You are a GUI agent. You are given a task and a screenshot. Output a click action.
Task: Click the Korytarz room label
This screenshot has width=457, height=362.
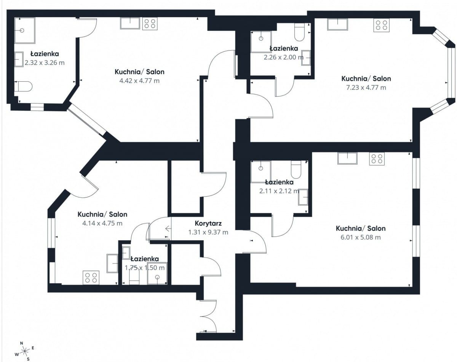208,223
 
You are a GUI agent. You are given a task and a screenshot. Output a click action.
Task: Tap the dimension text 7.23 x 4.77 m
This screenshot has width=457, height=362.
366,87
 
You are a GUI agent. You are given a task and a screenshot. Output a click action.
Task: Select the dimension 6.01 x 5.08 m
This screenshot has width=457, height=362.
361,237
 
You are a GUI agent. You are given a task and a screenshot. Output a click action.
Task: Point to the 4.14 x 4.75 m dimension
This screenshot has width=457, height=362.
102,223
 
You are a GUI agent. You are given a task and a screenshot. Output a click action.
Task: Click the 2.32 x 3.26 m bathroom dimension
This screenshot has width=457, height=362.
45,63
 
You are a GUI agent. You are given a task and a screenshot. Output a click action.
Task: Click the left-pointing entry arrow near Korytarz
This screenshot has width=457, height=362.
168,229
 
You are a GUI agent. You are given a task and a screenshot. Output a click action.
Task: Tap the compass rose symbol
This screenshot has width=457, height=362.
25,351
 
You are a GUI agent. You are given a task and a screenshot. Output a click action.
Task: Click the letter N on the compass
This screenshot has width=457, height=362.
22,343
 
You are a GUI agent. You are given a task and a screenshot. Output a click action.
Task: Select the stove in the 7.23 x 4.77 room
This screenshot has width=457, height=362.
381,25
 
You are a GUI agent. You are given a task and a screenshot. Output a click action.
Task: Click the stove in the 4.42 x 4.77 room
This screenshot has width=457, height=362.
150,23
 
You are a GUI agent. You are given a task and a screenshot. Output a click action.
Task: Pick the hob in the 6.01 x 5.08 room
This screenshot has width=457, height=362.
377,159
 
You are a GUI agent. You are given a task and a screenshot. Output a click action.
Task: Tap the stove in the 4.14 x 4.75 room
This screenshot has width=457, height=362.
91,278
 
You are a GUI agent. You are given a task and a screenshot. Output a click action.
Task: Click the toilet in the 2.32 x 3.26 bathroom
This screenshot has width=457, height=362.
23,87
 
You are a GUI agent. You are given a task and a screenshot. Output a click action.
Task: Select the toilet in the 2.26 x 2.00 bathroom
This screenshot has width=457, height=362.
300,32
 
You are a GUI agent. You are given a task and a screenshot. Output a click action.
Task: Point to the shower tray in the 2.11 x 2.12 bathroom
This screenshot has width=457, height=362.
261,172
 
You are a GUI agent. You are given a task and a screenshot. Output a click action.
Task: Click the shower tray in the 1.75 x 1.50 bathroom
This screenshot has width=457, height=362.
157,273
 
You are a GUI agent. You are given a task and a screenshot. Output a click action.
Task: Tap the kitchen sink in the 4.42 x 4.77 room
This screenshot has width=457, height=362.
130,23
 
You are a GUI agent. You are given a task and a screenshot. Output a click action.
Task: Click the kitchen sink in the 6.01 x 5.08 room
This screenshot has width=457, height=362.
347,158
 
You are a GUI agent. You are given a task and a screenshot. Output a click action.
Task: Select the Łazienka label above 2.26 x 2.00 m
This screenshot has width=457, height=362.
284,48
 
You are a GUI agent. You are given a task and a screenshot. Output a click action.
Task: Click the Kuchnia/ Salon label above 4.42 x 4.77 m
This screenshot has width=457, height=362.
139,72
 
